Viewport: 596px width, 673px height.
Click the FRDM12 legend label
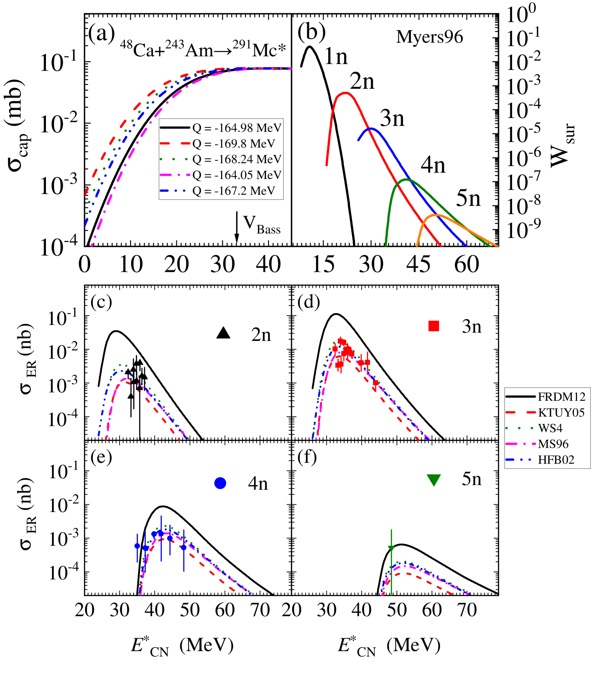click(x=562, y=397)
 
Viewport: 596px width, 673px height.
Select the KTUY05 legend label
click(x=561, y=413)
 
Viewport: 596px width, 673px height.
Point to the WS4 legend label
click(x=550, y=428)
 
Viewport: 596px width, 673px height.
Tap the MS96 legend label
click(x=553, y=444)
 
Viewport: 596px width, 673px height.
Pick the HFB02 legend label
click(x=556, y=460)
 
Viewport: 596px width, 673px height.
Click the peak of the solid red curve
click(x=345, y=93)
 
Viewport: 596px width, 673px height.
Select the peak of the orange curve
click(x=436, y=215)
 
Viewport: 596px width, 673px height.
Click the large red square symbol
click(x=433, y=326)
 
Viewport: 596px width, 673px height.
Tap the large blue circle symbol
click(x=220, y=483)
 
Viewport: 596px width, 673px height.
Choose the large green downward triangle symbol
click(x=433, y=479)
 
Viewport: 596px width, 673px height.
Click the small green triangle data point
click(x=391, y=548)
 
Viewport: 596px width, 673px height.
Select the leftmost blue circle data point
click(x=137, y=546)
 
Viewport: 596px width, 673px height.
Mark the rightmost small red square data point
click(x=375, y=383)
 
